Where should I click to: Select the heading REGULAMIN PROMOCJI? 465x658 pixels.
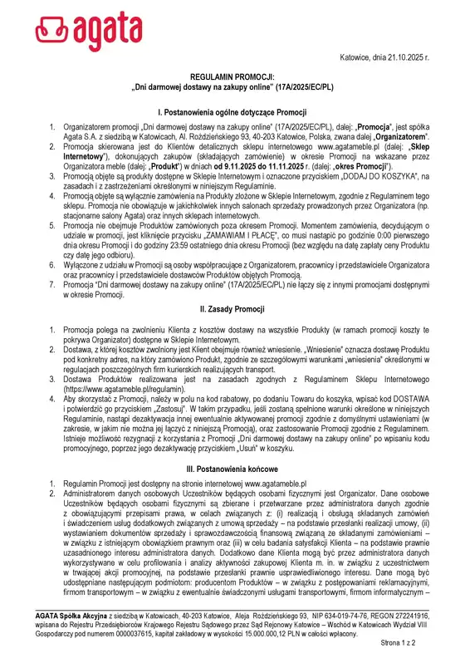click(232, 74)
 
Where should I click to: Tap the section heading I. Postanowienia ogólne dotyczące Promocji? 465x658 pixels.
click(232, 110)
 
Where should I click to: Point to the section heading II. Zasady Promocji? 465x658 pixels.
click(232, 308)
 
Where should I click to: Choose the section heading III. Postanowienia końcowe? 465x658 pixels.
click(232, 469)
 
